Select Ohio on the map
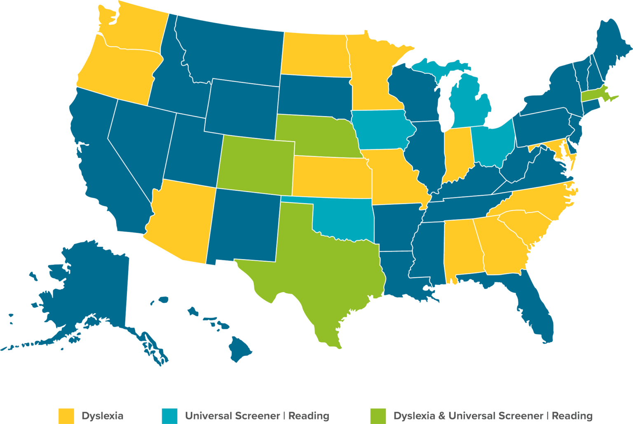tap(492, 144)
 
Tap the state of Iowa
tap(381, 128)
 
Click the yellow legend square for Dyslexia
tap(66, 416)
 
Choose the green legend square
tap(378, 416)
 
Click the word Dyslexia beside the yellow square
tap(103, 416)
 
